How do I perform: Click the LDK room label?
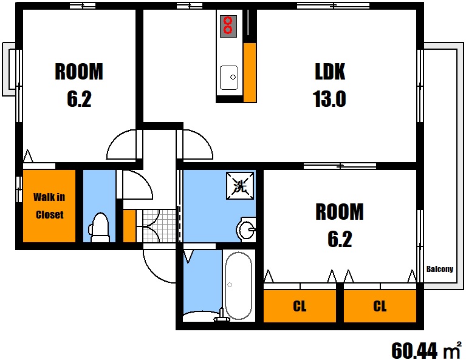pyautogui.click(x=330, y=71)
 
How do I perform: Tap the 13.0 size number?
pyautogui.click(x=329, y=98)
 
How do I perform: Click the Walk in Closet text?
pyautogui.click(x=49, y=206)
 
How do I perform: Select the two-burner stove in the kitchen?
pyautogui.click(x=228, y=26)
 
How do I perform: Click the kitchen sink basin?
pyautogui.click(x=229, y=78)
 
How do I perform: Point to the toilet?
pyautogui.click(x=99, y=228)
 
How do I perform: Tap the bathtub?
pyautogui.click(x=238, y=286)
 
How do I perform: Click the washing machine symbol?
pyautogui.click(x=240, y=186)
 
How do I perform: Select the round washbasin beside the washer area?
pyautogui.click(x=246, y=229)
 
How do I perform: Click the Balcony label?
pyautogui.click(x=440, y=269)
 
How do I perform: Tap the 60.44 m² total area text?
pyautogui.click(x=426, y=350)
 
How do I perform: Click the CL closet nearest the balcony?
pyautogui.click(x=380, y=306)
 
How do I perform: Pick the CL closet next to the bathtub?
pyautogui.click(x=300, y=306)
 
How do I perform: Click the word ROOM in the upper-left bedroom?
pyautogui.click(x=79, y=71)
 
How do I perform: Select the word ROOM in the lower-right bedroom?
pyautogui.click(x=340, y=212)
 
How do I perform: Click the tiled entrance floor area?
pyautogui.click(x=159, y=226)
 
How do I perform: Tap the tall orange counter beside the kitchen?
pyautogui.click(x=250, y=72)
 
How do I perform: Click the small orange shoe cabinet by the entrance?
pyautogui.click(x=129, y=226)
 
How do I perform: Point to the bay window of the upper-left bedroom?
pyautogui.click(x=9, y=69)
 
